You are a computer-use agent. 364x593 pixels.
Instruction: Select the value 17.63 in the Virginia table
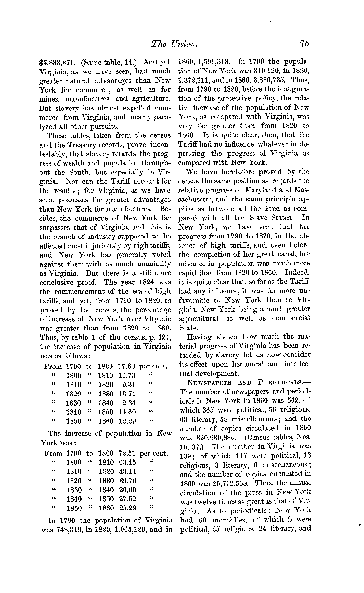(x=127, y=367)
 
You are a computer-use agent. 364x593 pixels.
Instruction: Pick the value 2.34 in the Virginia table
(x=129, y=403)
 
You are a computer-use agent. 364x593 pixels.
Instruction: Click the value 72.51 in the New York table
(x=127, y=453)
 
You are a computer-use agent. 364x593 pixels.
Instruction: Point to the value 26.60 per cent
(x=127, y=490)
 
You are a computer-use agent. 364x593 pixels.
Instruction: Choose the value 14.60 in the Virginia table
(x=127, y=412)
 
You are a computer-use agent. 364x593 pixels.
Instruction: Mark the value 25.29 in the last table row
(x=127, y=508)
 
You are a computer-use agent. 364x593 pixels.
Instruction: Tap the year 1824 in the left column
(x=146, y=282)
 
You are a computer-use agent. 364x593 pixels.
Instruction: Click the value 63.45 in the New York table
(x=127, y=462)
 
